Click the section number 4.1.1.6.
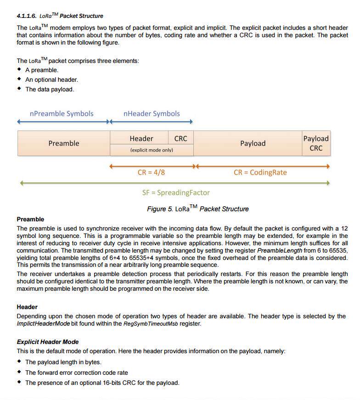[x=26, y=16]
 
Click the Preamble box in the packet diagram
[x=64, y=143]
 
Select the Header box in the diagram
[x=141, y=138]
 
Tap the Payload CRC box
[x=316, y=143]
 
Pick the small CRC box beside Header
[x=181, y=138]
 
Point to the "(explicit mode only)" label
[x=152, y=150]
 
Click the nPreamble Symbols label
[x=61, y=113]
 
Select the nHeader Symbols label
[x=152, y=113]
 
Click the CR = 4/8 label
[x=151, y=173]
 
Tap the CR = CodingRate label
[x=260, y=173]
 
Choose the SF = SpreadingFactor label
[x=176, y=192]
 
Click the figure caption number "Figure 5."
[x=160, y=209]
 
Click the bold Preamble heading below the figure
[x=30, y=219]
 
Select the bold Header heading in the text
[x=27, y=307]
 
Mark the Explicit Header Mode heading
[x=48, y=342]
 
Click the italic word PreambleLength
[x=279, y=251]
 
